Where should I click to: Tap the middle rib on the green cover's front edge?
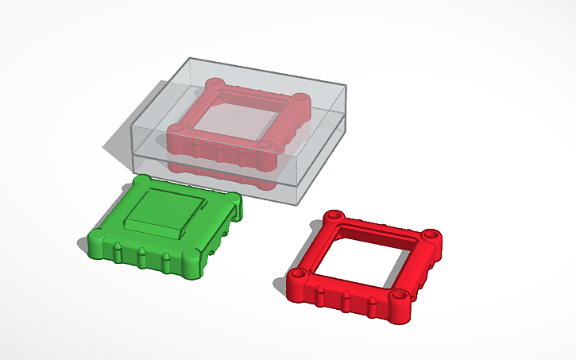click(141, 256)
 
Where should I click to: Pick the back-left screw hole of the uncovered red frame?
click(334, 215)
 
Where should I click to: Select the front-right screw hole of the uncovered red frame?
click(400, 296)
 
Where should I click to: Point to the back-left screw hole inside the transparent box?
click(213, 82)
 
